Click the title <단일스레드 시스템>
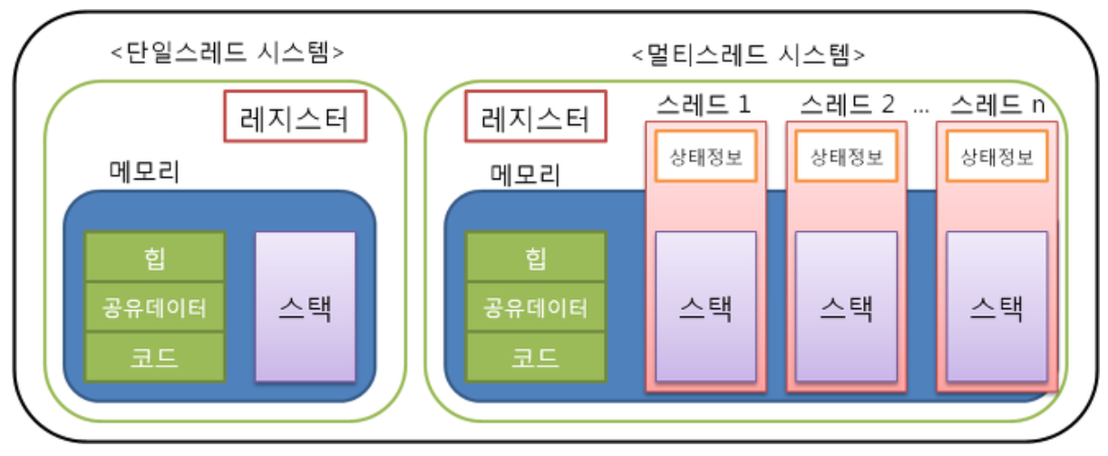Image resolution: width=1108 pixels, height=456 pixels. [x=227, y=52]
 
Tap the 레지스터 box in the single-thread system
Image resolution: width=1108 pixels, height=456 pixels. [x=295, y=116]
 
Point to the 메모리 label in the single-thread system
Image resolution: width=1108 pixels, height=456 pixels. [x=144, y=171]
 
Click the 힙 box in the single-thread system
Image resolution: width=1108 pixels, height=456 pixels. [x=154, y=257]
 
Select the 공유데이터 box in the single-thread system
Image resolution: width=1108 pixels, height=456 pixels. [x=154, y=307]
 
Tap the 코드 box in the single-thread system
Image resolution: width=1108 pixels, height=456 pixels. [x=154, y=357]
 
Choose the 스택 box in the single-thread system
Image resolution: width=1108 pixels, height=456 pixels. [x=305, y=306]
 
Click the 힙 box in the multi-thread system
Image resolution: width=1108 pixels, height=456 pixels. [x=535, y=257]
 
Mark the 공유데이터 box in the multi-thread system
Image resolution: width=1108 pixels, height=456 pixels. [x=535, y=307]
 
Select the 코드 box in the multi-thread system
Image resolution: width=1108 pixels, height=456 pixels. [x=535, y=357]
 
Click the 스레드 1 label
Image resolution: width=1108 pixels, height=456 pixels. [x=705, y=104]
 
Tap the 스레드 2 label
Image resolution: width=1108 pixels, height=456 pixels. [x=846, y=104]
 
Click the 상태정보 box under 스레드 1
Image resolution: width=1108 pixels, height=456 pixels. [x=705, y=156]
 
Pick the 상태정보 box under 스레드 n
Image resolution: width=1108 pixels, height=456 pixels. [x=996, y=156]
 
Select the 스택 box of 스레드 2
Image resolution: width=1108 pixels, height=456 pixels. [x=846, y=306]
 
